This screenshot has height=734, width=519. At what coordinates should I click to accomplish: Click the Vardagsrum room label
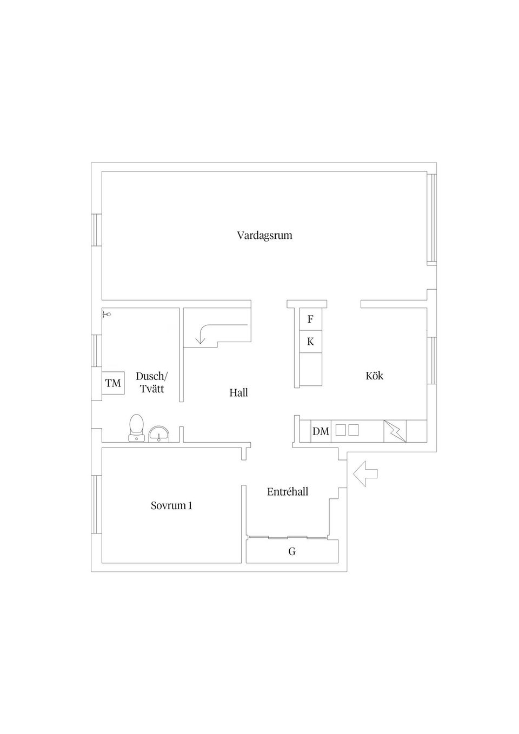(x=264, y=236)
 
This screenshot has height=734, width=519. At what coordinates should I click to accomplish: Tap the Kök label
(x=374, y=376)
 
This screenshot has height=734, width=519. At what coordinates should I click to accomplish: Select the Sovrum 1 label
(x=171, y=506)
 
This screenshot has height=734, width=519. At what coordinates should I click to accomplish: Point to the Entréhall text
(x=288, y=492)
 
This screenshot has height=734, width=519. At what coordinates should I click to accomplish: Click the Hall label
(x=238, y=393)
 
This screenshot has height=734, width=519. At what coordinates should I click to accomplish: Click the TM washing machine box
(x=114, y=383)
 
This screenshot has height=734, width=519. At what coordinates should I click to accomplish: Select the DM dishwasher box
(x=321, y=431)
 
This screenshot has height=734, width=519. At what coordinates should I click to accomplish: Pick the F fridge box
(x=310, y=319)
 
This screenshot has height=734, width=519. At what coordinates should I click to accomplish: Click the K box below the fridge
(x=310, y=342)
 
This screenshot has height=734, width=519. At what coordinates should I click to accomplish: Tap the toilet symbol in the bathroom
(x=136, y=428)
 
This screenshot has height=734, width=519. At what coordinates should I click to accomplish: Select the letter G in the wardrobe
(x=292, y=552)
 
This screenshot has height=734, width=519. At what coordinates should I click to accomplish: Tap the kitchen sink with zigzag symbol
(x=395, y=431)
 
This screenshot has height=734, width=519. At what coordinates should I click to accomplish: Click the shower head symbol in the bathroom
(x=107, y=313)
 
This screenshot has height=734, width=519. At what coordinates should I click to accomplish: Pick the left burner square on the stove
(x=341, y=430)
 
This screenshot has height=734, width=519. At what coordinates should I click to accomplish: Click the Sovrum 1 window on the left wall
(x=96, y=504)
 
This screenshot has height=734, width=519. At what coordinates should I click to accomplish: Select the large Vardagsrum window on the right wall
(x=431, y=218)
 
